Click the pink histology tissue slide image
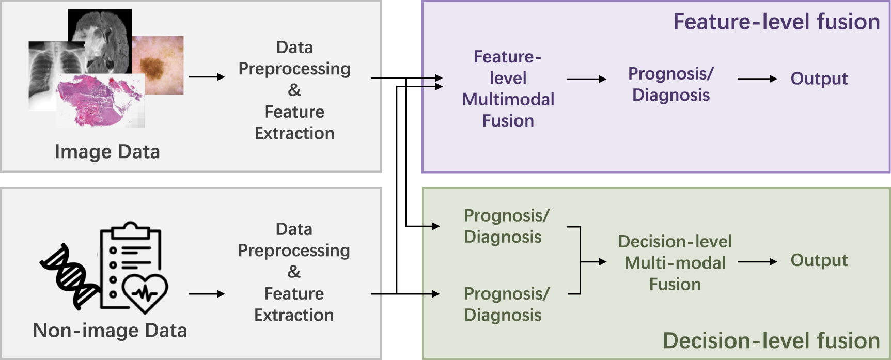coord(98,101)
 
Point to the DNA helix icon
coord(70,276)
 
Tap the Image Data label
coord(107,152)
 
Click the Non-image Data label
coord(110,331)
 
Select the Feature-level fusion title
coord(776,22)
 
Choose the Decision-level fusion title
coord(771,341)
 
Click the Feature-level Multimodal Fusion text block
coord(508,89)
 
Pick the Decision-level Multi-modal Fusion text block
coord(675,263)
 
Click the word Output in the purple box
coord(819,79)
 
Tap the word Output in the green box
coord(819,260)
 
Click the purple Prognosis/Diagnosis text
coord(670,84)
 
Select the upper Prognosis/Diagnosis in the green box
coord(506,226)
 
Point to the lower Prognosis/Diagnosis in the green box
coord(506,304)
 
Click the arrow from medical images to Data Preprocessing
coord(207,77)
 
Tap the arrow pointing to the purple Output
coord(757,79)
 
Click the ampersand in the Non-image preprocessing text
coord(294,272)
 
